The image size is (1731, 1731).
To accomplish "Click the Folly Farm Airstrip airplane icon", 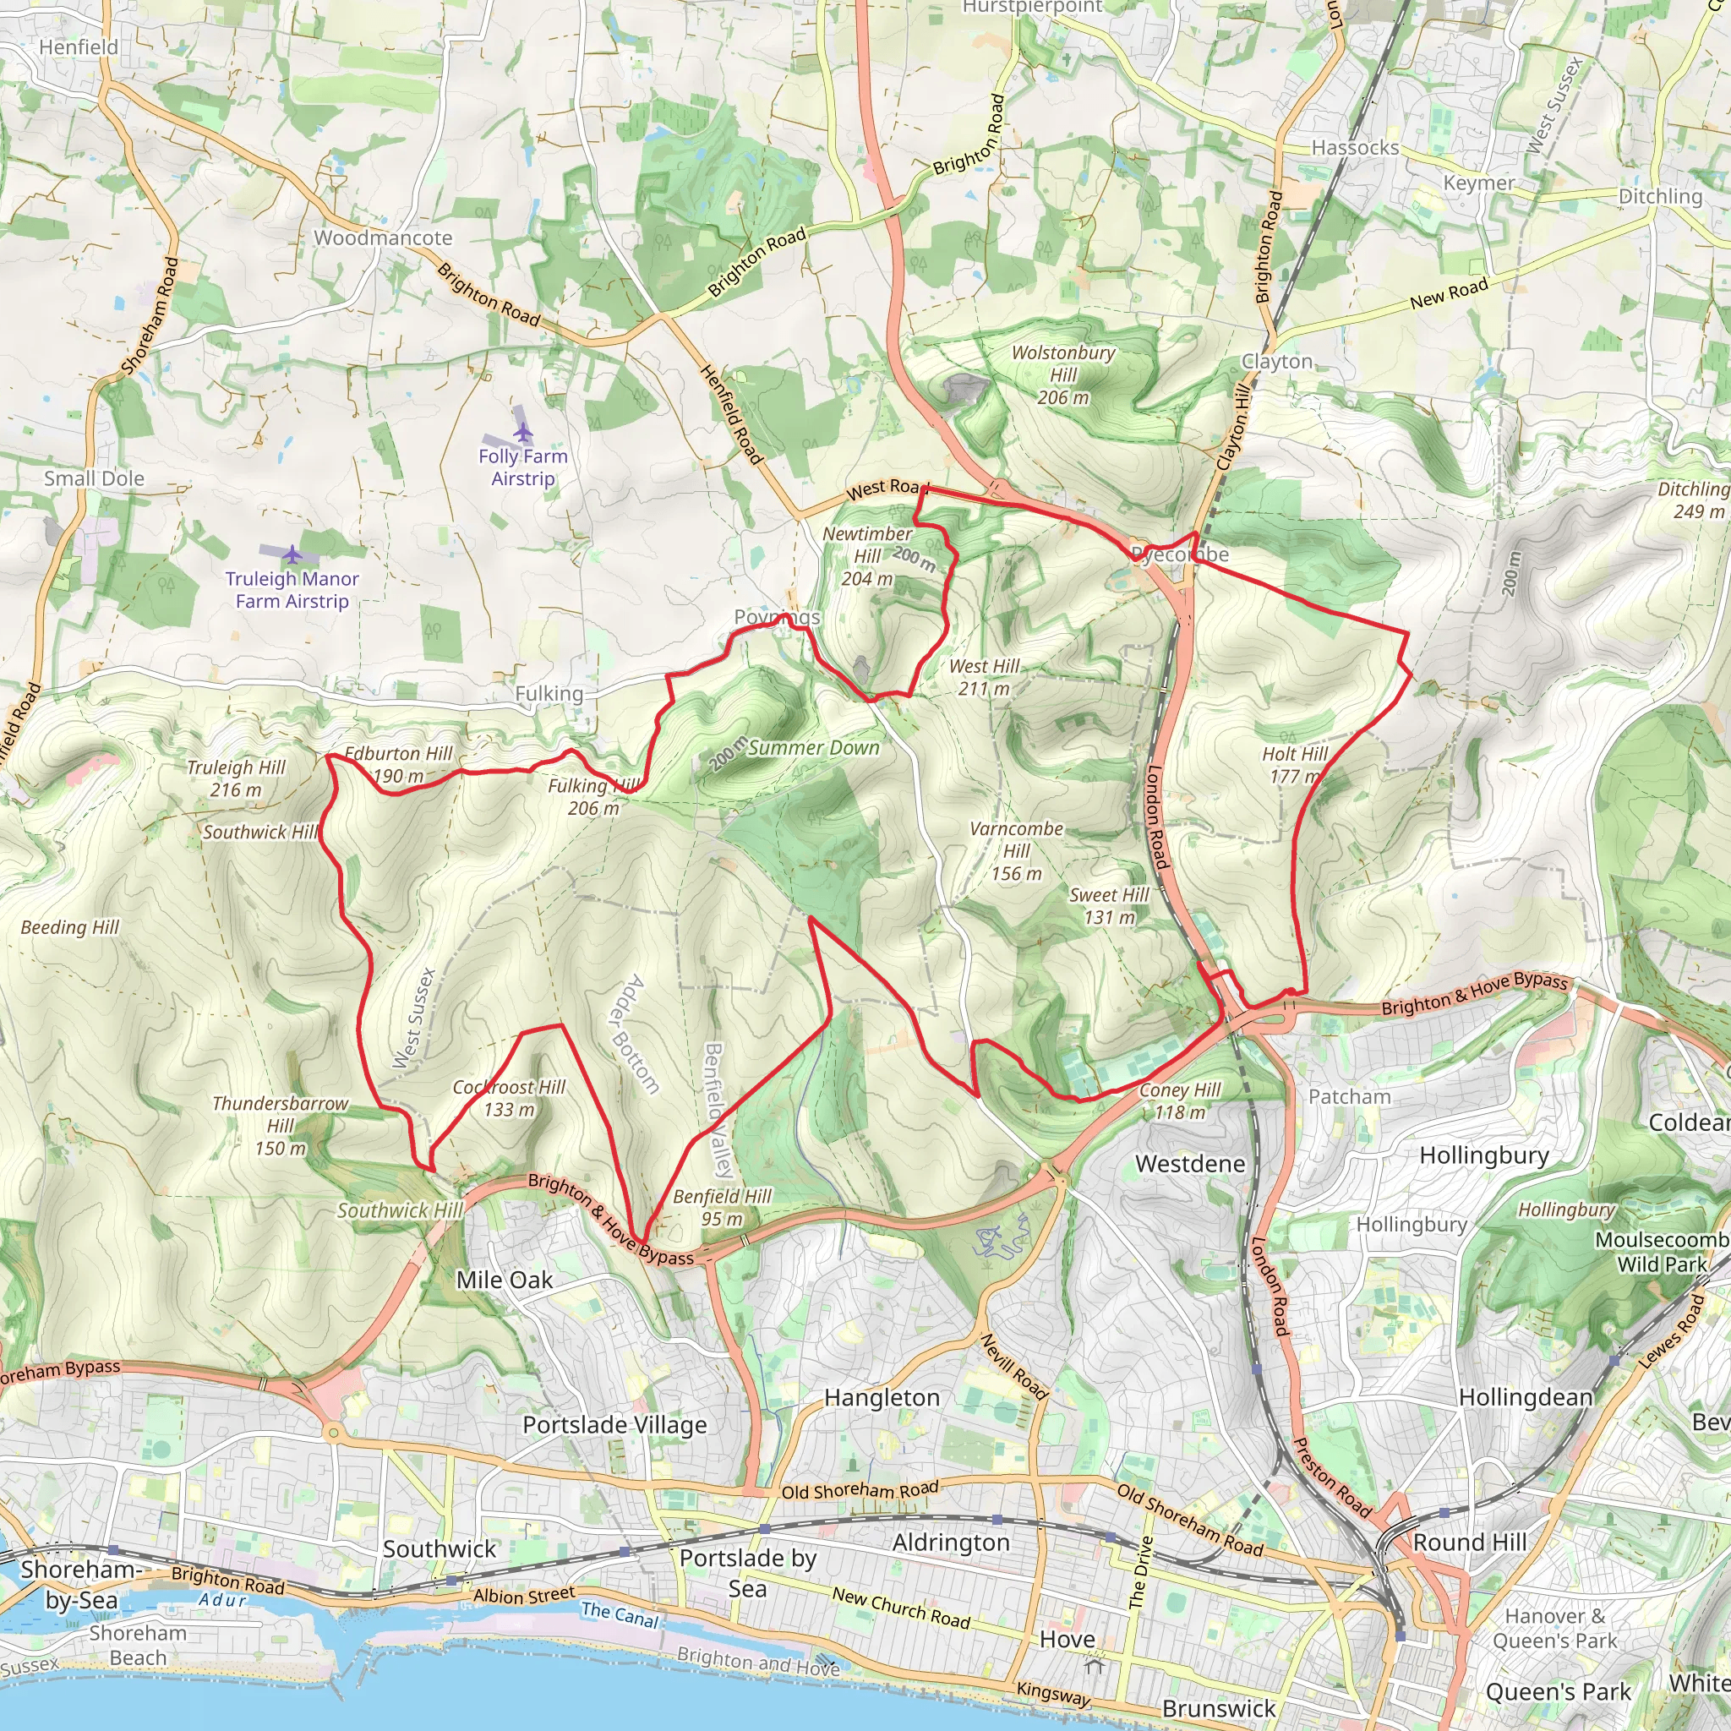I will [x=523, y=434].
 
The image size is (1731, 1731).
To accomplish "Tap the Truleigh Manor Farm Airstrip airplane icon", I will [x=292, y=554].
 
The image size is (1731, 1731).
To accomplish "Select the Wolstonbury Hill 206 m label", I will [x=1062, y=374].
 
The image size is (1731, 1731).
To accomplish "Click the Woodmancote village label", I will [x=383, y=238].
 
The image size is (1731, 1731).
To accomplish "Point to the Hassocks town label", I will [x=1355, y=148].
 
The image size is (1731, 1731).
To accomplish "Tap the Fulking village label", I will [x=549, y=693].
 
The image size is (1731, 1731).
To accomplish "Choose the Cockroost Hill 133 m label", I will [x=509, y=1098].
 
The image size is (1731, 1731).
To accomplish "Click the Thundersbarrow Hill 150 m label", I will [x=280, y=1125].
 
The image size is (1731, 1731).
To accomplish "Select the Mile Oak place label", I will [x=505, y=1280].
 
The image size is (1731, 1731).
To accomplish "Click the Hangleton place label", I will [x=882, y=1398].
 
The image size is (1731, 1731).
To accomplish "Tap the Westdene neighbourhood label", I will [x=1190, y=1164].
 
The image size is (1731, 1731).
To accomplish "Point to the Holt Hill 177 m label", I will [x=1295, y=764].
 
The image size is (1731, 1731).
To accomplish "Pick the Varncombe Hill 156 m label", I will [x=1016, y=850].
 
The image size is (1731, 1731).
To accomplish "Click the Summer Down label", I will [x=814, y=747].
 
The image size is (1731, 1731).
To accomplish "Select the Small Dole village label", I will [x=94, y=478].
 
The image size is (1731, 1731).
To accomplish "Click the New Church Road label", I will [x=900, y=1608].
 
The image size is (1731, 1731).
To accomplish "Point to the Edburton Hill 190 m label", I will [x=399, y=764].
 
